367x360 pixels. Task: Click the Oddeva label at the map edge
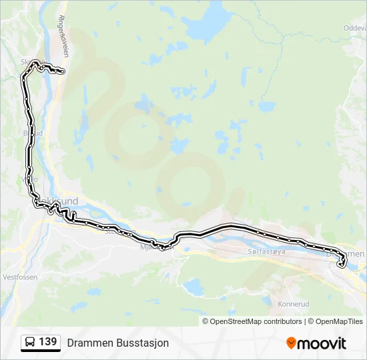coord(354,28)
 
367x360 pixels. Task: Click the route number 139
coord(47,342)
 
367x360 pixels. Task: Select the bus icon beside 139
coord(31,343)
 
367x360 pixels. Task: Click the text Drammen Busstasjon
coord(118,343)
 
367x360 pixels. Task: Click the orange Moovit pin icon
coord(291,343)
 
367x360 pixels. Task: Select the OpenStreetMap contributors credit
coord(252,321)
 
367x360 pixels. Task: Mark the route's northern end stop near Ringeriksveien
coord(62,71)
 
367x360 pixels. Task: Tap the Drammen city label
coord(347,253)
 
